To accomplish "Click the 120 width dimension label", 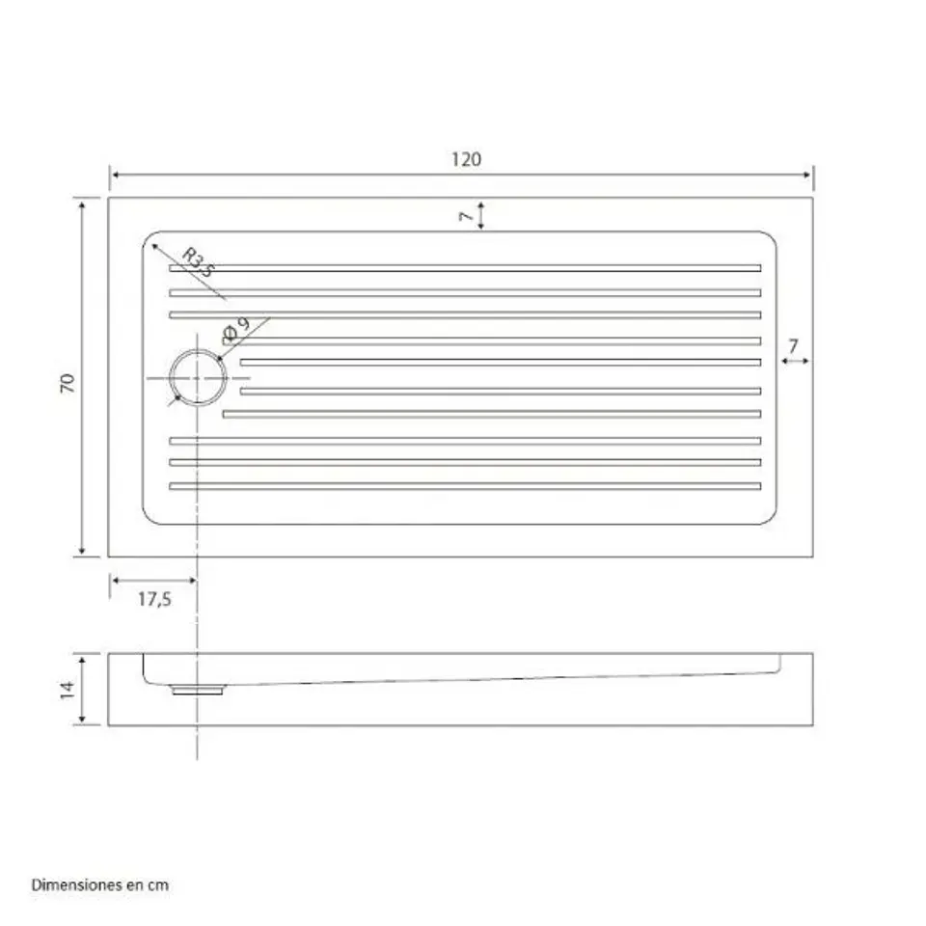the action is pos(467,159).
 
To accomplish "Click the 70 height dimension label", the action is pos(68,383).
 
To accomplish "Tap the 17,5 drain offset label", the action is pos(154,599).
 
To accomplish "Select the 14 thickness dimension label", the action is pos(68,690).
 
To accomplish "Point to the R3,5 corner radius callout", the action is pos(198,262).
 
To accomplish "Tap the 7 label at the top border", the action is pos(466,216).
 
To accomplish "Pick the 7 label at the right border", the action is pos(793,345).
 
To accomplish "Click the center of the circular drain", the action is pos(198,378).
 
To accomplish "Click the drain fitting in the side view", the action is pos(198,689).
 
